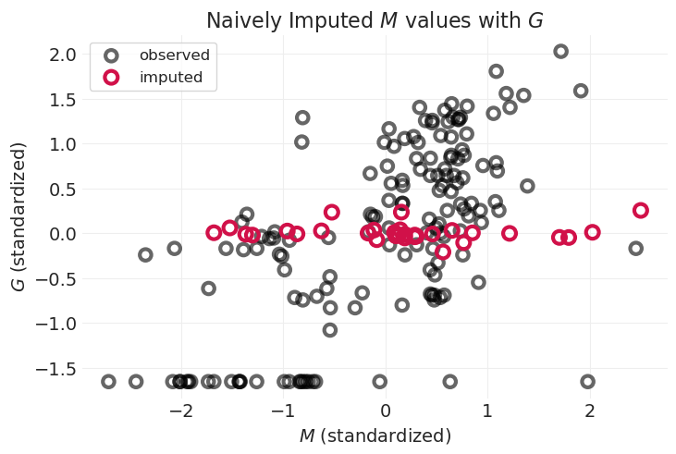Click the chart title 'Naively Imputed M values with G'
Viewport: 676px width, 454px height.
click(x=375, y=20)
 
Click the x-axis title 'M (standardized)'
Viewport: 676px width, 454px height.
click(x=375, y=436)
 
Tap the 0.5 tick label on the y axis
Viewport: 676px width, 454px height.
click(x=60, y=189)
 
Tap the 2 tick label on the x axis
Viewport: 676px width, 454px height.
click(x=590, y=410)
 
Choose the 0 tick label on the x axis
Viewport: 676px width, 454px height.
click(x=386, y=410)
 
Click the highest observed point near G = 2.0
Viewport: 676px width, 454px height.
click(x=560, y=52)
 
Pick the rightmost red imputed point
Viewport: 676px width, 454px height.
click(x=640, y=211)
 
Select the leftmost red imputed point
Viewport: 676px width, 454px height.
click(x=215, y=232)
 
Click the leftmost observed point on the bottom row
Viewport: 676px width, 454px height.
click(x=108, y=381)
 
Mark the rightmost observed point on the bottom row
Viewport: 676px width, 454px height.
click(x=587, y=381)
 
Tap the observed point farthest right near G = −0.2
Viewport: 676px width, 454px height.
click(x=635, y=249)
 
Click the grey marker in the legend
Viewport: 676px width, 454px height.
click(x=111, y=55)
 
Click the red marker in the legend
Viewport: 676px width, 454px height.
click(x=111, y=78)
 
